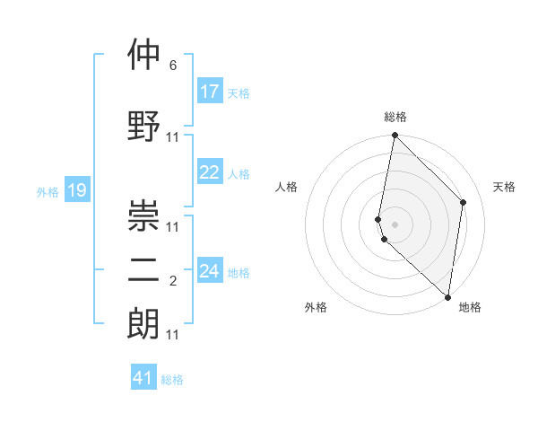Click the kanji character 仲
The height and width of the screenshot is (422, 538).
pyautogui.click(x=143, y=56)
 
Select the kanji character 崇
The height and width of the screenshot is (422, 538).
pyautogui.click(x=143, y=216)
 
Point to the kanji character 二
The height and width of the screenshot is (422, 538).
pyautogui.click(x=143, y=272)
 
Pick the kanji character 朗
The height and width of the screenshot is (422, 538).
pyautogui.click(x=143, y=322)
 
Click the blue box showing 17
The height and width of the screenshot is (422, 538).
pyautogui.click(x=209, y=92)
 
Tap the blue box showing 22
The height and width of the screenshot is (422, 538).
pyautogui.click(x=209, y=172)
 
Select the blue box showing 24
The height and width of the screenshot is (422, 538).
pyautogui.click(x=209, y=271)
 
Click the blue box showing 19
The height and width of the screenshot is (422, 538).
pyautogui.click(x=76, y=190)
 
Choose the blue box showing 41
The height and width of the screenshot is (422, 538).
pyautogui.click(x=143, y=378)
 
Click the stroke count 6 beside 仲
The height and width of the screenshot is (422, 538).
pyautogui.click(x=173, y=66)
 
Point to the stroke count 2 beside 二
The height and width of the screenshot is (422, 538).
pyautogui.click(x=173, y=282)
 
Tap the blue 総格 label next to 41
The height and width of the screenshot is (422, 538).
pyautogui.click(x=172, y=380)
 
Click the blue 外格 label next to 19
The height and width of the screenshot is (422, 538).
pyautogui.click(x=48, y=191)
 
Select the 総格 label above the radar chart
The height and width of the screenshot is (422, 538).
pyautogui.click(x=395, y=117)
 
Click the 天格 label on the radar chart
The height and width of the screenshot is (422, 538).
pyautogui.click(x=504, y=187)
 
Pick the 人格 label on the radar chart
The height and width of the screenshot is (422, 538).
pyautogui.click(x=287, y=187)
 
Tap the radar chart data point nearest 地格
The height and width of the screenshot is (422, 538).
pyautogui.click(x=447, y=297)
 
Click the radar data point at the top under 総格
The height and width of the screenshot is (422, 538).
pyautogui.click(x=395, y=136)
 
